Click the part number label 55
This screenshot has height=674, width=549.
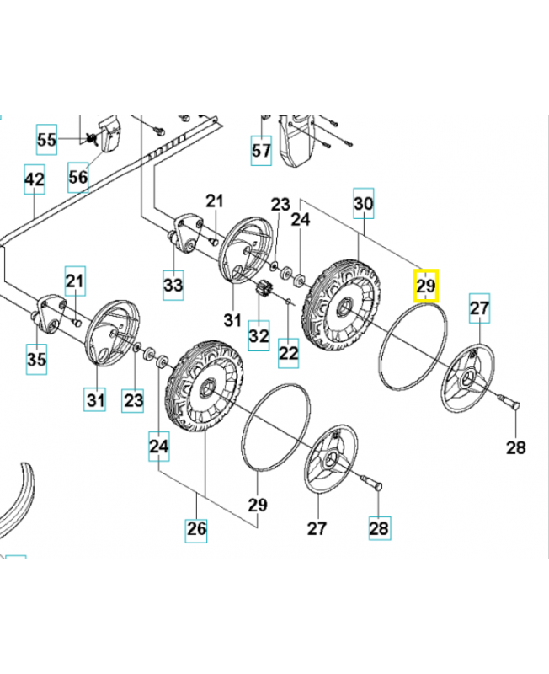(x=47, y=139)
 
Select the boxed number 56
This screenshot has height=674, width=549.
(x=77, y=178)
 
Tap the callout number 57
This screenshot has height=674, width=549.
(x=262, y=151)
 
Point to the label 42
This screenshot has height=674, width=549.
(x=34, y=180)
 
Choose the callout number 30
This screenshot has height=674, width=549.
(x=363, y=203)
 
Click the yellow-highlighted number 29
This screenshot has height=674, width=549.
(x=426, y=286)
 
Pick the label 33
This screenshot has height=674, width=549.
(x=173, y=285)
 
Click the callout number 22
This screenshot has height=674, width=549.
(x=289, y=353)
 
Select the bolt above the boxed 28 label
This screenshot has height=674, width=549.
(x=372, y=484)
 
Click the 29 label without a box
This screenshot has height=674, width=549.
(x=257, y=505)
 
